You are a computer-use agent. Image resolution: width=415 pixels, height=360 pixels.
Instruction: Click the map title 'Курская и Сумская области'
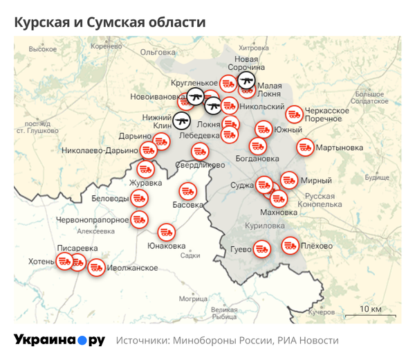[110, 22]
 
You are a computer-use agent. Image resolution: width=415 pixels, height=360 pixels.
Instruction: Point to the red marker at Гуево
[261, 248]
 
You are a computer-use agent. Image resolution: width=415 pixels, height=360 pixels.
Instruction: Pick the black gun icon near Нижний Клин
[182, 121]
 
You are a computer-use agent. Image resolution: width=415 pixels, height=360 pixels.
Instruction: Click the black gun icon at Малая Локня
[246, 82]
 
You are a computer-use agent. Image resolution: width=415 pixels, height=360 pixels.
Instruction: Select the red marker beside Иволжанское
[96, 267]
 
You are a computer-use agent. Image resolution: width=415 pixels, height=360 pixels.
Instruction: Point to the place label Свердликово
[200, 165]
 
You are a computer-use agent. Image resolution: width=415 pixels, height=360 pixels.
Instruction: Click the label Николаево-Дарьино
[100, 150]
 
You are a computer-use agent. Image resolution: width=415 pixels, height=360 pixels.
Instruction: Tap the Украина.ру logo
[59, 340]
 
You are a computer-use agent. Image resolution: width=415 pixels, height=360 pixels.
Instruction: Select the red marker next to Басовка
[187, 191]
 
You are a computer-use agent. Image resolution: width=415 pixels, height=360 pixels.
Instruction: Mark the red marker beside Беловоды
[139, 199]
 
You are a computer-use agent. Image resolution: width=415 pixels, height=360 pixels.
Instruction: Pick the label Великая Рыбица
[224, 313]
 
